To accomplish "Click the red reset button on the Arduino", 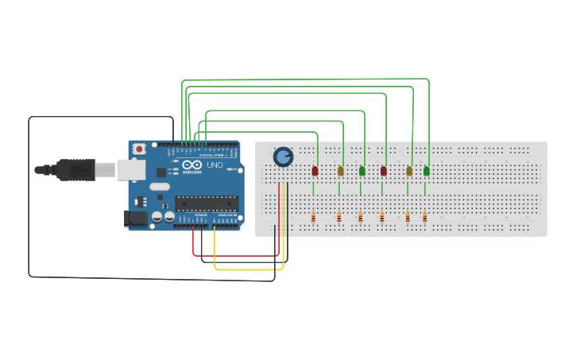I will (x=140, y=149).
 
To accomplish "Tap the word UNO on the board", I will (x=215, y=165).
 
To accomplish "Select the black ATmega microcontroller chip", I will (x=206, y=203).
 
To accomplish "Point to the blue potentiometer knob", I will (x=283, y=157).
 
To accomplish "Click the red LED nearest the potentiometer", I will (x=315, y=171).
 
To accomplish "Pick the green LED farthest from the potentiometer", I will (x=427, y=171).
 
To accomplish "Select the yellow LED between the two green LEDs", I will (x=409, y=171).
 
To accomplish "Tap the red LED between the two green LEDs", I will (x=384, y=171).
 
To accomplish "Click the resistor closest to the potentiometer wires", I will (x=313, y=218).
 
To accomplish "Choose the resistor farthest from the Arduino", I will (x=425, y=218).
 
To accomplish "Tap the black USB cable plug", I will (x=75, y=169).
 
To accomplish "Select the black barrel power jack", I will (x=134, y=218).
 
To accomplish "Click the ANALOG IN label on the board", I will (x=226, y=215).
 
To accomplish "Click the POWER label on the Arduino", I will (x=200, y=215).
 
